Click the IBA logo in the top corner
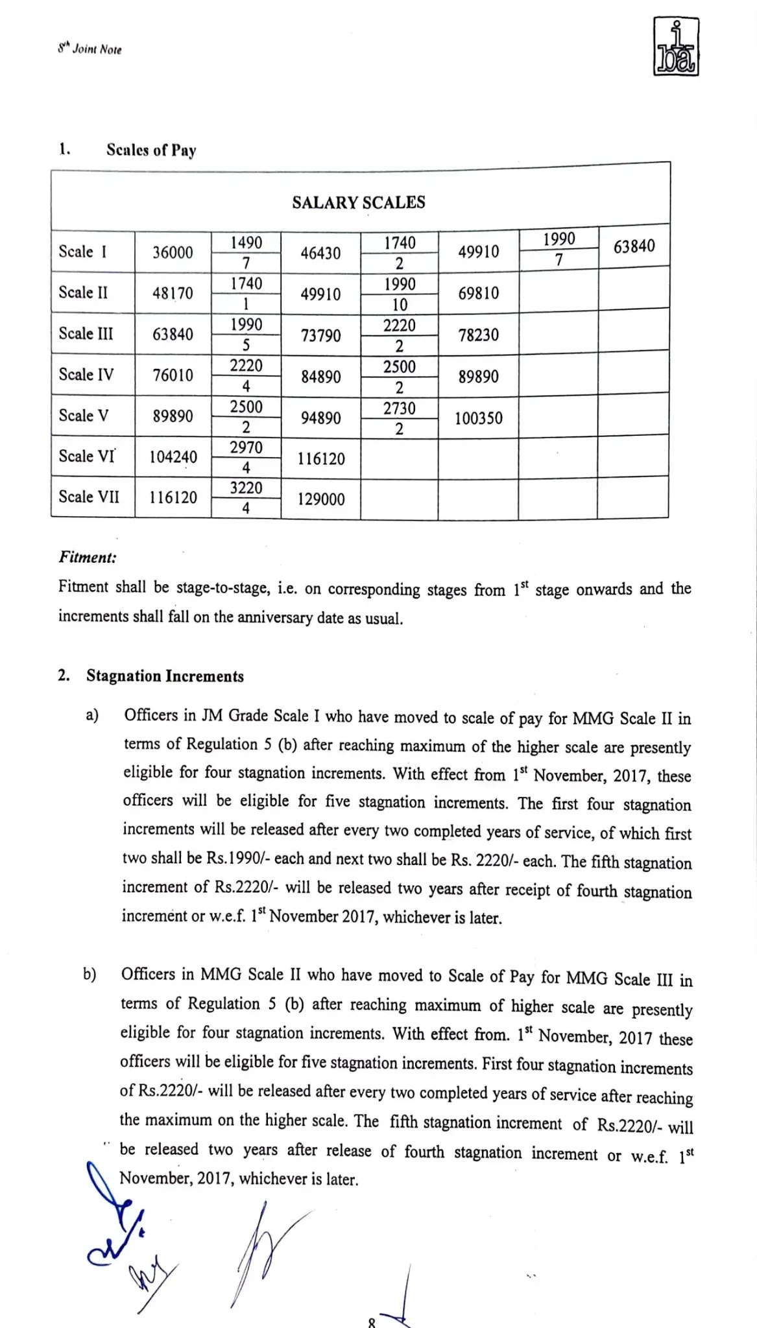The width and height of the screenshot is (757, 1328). click(676, 47)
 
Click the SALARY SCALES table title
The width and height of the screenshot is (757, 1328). click(359, 203)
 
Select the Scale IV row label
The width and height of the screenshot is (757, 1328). click(86, 375)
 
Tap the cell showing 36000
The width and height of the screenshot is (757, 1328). click(173, 252)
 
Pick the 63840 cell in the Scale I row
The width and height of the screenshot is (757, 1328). click(634, 246)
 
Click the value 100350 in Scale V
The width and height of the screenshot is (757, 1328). click(478, 418)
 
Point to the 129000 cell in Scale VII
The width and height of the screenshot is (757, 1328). click(321, 499)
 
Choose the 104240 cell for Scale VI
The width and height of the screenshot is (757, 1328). click(173, 457)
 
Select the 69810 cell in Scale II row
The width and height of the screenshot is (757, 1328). click(478, 293)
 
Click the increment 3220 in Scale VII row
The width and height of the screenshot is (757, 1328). click(246, 488)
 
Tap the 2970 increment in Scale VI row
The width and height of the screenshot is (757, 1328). click(246, 447)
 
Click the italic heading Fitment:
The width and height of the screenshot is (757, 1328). click(88, 557)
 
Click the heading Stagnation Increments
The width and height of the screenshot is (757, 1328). click(165, 676)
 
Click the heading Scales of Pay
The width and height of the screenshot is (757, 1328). click(151, 150)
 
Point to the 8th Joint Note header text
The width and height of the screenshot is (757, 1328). click(90, 49)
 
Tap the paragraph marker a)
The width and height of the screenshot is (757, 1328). click(92, 715)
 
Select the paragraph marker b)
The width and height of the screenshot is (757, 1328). click(90, 974)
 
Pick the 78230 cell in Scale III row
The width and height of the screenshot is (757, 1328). click(478, 335)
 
